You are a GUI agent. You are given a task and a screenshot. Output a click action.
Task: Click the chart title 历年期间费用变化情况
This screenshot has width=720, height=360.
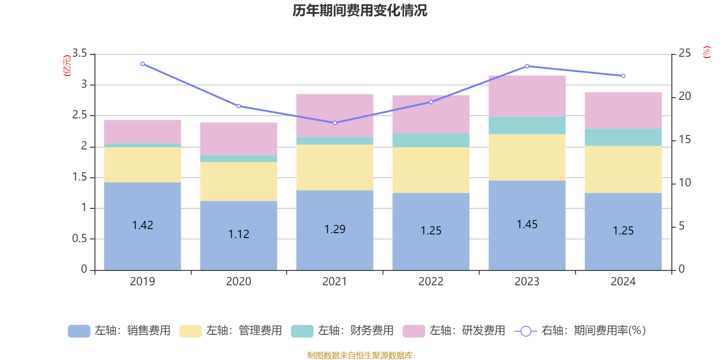(360, 10)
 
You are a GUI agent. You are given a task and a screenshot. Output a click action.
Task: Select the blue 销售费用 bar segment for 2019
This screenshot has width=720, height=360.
(142, 243)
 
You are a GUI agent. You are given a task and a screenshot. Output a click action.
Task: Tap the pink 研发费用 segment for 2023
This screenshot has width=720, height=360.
(526, 96)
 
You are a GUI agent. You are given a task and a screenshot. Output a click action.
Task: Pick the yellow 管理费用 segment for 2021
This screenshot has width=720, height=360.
(334, 167)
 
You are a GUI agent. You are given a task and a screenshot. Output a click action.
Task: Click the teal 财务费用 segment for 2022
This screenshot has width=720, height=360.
(431, 140)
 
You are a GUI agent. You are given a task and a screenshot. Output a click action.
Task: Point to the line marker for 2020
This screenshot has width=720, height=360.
(238, 106)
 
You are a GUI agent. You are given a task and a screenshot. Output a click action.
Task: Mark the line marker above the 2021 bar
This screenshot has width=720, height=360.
(335, 123)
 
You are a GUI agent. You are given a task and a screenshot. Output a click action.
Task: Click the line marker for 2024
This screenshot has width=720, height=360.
(623, 76)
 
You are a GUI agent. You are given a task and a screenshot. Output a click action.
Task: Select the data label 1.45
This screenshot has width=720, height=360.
(526, 224)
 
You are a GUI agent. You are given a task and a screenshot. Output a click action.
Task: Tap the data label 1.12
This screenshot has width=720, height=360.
(238, 234)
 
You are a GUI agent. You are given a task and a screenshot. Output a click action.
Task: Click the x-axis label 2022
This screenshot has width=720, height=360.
(431, 282)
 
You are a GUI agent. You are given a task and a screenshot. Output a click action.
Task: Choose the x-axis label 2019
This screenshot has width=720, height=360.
(142, 282)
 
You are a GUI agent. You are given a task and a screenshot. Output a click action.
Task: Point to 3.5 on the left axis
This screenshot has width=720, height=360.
(80, 54)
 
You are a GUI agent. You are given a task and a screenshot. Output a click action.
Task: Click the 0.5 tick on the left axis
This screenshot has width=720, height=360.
(80, 238)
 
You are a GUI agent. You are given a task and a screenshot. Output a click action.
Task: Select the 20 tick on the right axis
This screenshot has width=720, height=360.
(684, 96)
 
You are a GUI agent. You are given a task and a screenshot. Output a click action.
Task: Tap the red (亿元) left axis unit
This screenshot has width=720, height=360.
(67, 66)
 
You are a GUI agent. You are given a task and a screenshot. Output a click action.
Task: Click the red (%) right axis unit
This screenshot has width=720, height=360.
(706, 52)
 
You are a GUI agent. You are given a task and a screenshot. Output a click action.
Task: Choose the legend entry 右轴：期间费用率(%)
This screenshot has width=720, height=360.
(580, 331)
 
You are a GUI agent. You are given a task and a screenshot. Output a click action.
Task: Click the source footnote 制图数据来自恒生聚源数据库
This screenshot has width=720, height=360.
(360, 355)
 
